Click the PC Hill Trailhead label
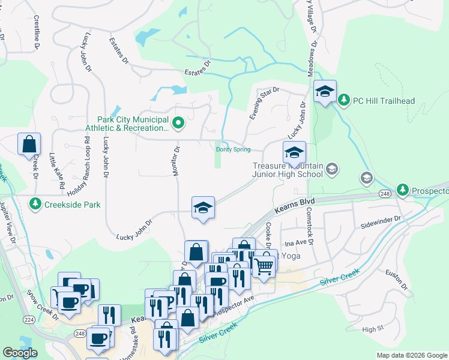(384, 100)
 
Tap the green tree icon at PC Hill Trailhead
(344, 100)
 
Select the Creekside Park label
(75, 205)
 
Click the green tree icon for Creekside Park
(35, 205)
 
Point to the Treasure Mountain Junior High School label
(288, 170)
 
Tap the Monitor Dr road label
(177, 162)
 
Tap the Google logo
(20, 353)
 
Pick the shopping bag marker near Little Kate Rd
(29, 145)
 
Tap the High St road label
(372, 329)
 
